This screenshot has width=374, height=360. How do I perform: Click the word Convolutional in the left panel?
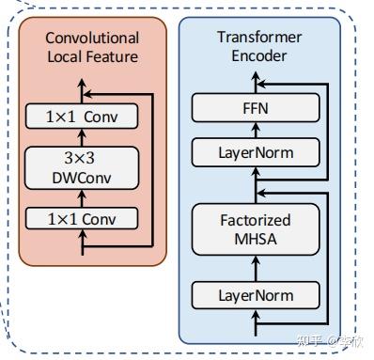click(x=92, y=39)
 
